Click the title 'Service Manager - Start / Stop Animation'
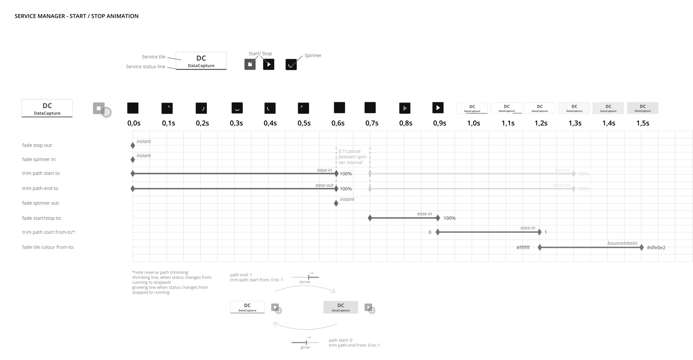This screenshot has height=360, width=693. [x=77, y=16]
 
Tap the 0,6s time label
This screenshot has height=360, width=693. [x=338, y=123]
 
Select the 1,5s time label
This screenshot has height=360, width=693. [x=642, y=123]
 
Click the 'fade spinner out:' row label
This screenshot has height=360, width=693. [x=41, y=203]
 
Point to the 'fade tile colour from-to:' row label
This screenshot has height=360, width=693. [x=48, y=247]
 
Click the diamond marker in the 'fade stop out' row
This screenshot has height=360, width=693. [x=133, y=145]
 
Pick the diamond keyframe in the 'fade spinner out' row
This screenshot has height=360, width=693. [x=336, y=203]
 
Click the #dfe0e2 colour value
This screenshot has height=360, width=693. [x=656, y=248]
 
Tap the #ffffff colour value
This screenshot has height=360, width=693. [x=523, y=248]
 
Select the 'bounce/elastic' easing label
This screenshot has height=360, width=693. [x=622, y=243]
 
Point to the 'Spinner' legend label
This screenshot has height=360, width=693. [x=313, y=56]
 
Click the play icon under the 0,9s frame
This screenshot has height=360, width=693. [x=438, y=108]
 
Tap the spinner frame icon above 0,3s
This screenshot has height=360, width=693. [x=237, y=108]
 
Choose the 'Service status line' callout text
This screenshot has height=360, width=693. [x=145, y=67]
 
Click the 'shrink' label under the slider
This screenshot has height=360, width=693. [x=305, y=282]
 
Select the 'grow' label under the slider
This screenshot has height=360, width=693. [x=305, y=347]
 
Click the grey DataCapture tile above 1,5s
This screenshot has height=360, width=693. [x=642, y=108]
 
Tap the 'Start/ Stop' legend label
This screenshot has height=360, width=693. [x=260, y=54]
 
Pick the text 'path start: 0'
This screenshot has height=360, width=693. [x=340, y=340]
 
